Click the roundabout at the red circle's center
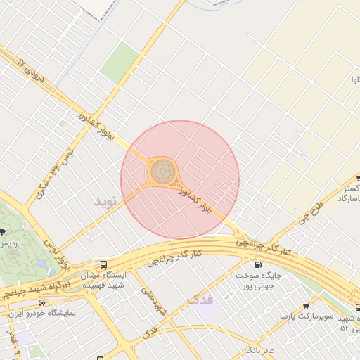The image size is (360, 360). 163,170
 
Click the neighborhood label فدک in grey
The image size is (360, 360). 200,300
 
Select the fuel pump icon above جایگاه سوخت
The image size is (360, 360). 257,264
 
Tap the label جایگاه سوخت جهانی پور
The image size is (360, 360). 258,281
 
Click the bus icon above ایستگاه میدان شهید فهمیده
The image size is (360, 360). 104,264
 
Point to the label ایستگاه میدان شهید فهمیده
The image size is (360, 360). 103,281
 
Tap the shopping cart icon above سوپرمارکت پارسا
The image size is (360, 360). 306,307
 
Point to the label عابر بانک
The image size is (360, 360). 259,349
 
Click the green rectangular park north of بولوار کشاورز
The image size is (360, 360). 120,61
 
